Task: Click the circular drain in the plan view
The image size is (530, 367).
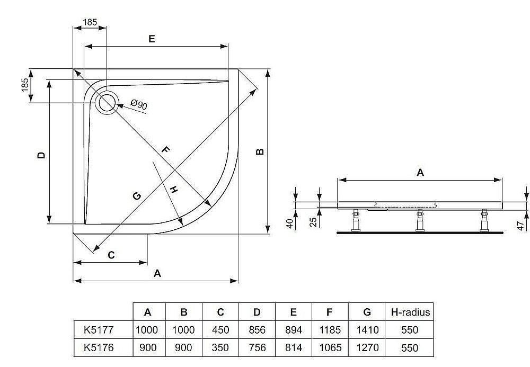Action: [x=108, y=101]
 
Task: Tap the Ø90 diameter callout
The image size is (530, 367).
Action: [x=138, y=105]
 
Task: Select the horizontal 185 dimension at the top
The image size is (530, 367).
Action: [x=90, y=22]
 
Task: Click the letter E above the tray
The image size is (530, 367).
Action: [x=152, y=39]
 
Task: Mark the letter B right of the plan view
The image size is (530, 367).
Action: [x=259, y=151]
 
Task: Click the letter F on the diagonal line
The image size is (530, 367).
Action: [x=165, y=150]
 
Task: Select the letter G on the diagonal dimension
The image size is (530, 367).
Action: [x=136, y=196]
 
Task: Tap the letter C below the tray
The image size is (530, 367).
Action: [x=111, y=255]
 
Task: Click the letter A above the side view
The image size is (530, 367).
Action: [x=420, y=172]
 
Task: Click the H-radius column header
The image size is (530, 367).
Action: [x=410, y=312]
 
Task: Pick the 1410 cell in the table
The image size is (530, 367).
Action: [x=368, y=330]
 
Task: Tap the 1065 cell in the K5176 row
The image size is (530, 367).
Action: [x=330, y=348]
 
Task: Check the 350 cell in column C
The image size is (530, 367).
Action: [x=220, y=348]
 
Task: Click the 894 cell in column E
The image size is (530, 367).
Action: [x=293, y=330]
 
